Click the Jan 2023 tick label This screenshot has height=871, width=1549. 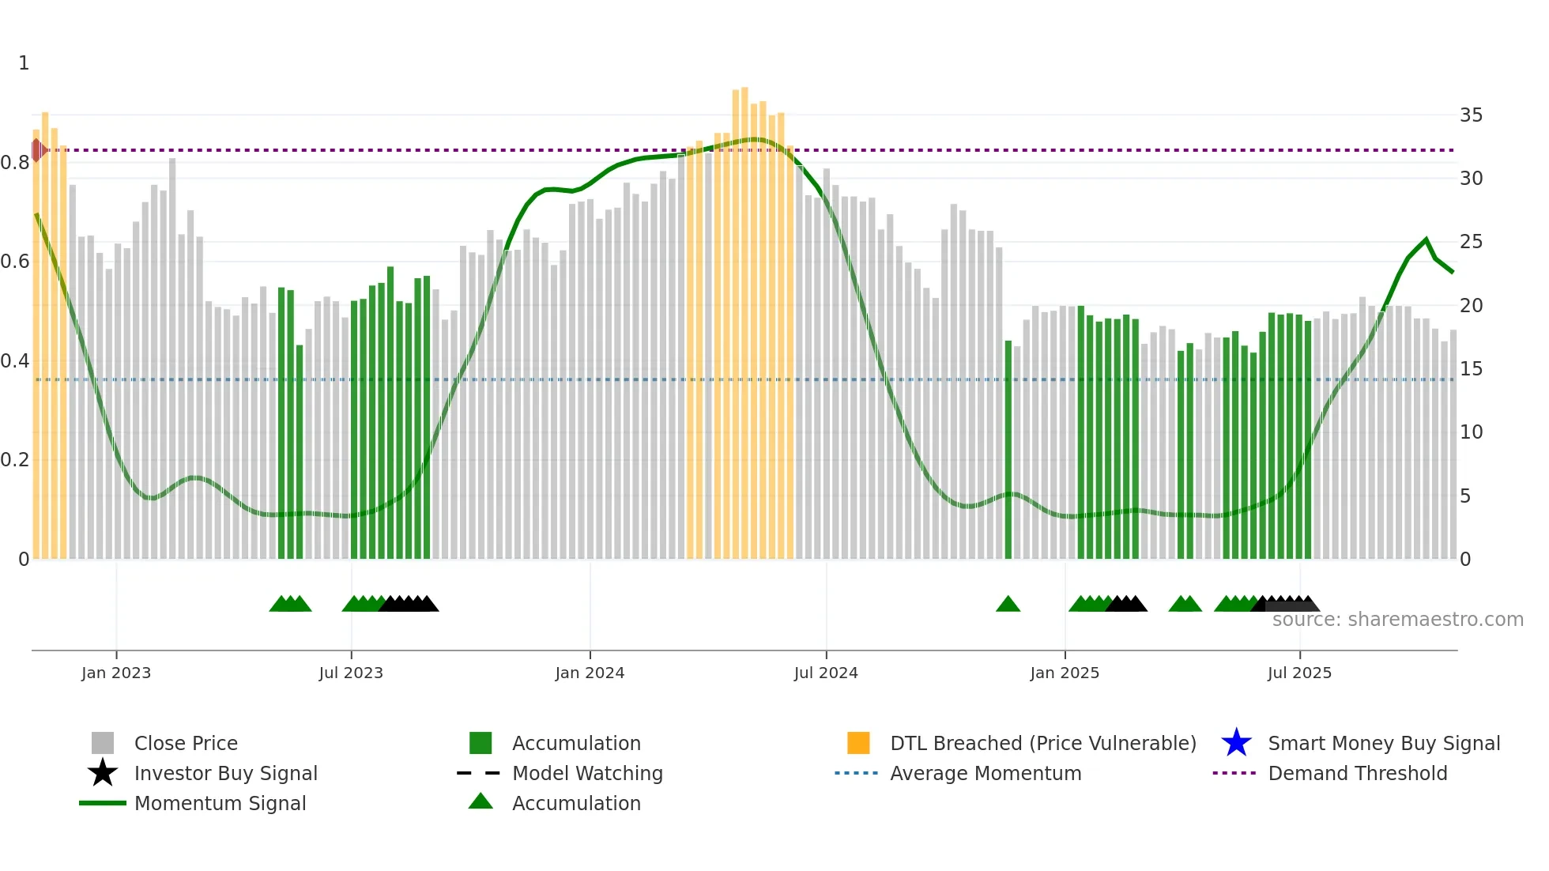pos(115,673)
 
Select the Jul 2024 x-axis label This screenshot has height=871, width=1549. pos(826,673)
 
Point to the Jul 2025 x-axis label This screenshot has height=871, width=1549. pos(1299,673)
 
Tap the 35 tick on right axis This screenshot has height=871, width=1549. pos(1471,115)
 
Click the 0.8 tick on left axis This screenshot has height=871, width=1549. pos(15,163)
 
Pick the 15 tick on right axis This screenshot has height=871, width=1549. pos(1471,369)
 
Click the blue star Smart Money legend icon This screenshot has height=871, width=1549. pos(1236,743)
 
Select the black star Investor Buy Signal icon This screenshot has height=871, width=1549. pos(103,773)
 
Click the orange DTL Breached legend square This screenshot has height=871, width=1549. pos(858,743)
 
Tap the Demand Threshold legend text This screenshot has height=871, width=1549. pos(1357,773)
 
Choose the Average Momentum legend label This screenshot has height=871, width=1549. pos(986,773)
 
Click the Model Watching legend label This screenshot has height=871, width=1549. pos(587,773)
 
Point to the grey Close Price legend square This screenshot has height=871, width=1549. pos(103,743)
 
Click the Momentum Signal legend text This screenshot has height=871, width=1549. pos(220,803)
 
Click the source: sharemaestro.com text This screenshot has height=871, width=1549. pos(1397,620)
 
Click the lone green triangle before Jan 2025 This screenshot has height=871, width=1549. pos(1008,604)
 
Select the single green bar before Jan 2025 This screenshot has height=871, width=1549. pos(1008,451)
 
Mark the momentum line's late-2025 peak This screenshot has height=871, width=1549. pos(1426,239)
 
